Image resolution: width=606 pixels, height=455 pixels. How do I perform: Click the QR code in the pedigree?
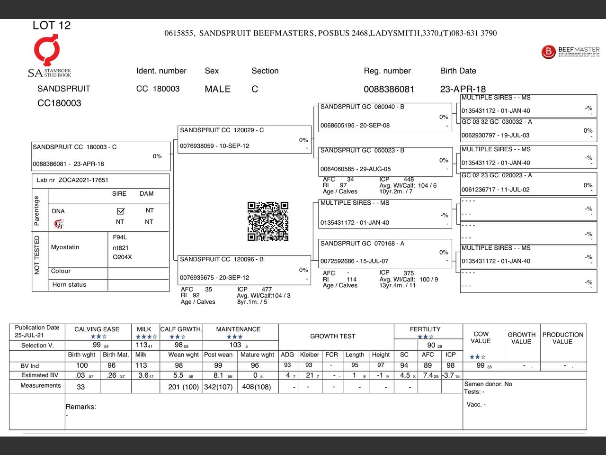coord(267,221)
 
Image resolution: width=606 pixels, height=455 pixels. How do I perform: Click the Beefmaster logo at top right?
coord(570,51)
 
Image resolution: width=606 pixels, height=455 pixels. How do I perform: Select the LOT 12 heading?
coord(52,26)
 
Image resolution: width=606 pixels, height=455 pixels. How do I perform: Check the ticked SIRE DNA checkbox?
coord(120,211)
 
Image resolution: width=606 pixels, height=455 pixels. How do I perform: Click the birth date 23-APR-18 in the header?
coord(463,89)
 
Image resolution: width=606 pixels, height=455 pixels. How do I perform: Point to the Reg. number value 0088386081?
coord(389,89)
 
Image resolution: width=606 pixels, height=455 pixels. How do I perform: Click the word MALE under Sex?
coord(217,89)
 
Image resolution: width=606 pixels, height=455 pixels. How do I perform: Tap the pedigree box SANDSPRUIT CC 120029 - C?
coord(245,139)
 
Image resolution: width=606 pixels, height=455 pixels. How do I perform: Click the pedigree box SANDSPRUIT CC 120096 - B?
coord(245,269)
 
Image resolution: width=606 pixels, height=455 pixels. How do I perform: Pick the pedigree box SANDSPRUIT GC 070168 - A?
coord(383,252)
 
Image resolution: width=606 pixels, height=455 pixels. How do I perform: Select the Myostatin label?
coord(65,247)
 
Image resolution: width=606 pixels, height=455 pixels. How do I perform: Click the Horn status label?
coord(69,285)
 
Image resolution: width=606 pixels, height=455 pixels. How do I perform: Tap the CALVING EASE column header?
coord(97,329)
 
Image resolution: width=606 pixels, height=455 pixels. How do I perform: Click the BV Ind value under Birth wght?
coord(82,365)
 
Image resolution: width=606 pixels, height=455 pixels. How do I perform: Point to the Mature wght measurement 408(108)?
coord(257,387)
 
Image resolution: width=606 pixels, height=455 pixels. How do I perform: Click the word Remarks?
coord(80,407)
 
